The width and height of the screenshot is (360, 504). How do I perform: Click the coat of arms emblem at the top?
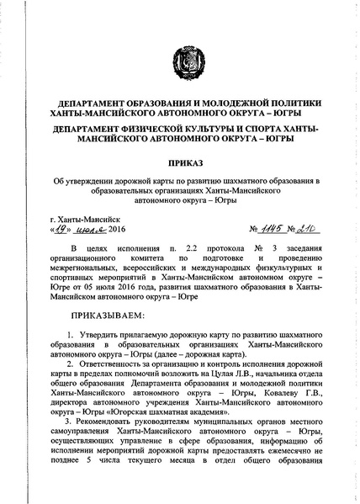(179, 61)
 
